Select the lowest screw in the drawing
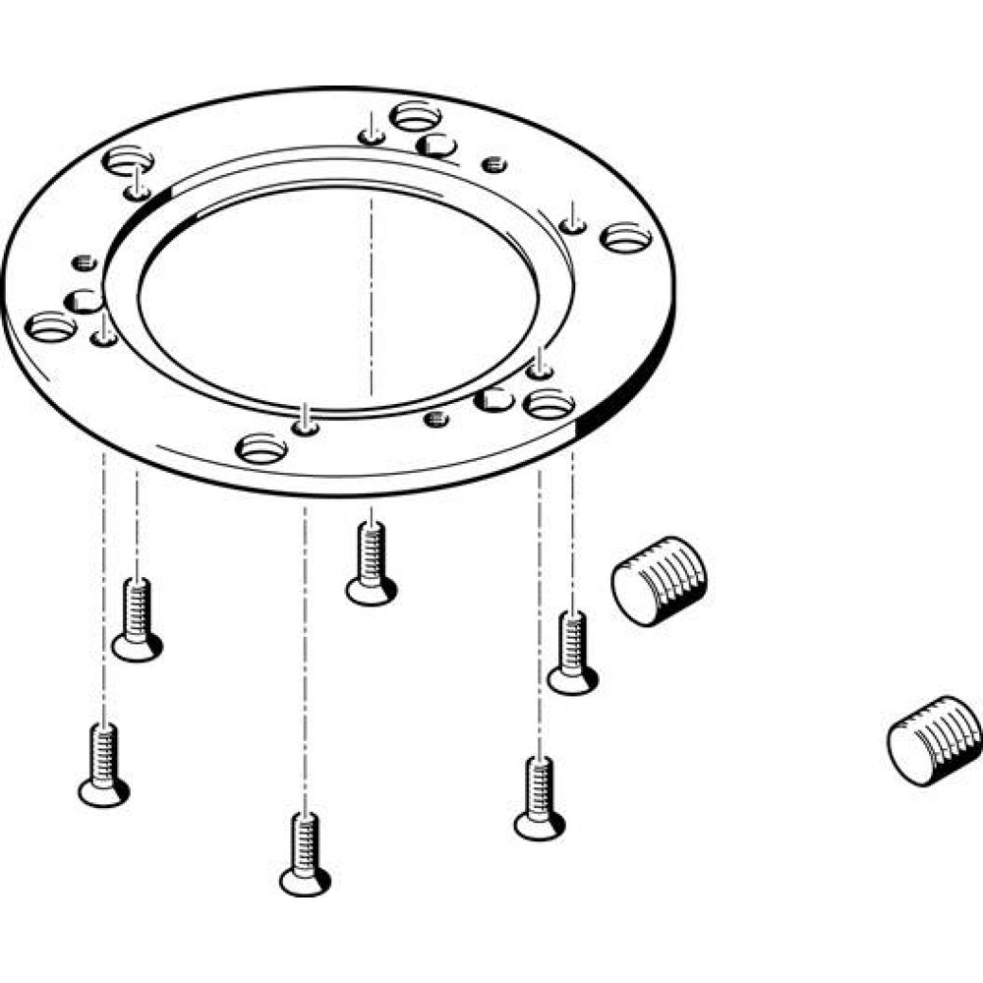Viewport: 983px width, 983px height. pos(305,853)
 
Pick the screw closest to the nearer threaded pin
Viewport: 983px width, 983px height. pos(572,653)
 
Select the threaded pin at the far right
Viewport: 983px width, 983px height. pos(934,738)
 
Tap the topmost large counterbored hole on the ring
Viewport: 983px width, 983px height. pos(415,117)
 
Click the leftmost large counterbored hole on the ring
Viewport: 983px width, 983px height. pos(51,326)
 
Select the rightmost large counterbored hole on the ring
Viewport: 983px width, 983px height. pos(626,237)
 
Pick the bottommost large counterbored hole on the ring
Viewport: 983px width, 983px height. pos(261,450)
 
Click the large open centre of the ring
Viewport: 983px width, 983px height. pos(339,295)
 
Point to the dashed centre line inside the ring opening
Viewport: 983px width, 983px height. pos(372,295)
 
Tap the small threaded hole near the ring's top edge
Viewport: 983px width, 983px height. pos(494,164)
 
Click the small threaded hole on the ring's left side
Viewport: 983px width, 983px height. pos(84,263)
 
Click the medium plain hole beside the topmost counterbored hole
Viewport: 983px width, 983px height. pos(435,146)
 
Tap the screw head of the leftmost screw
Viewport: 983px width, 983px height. pos(103,791)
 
